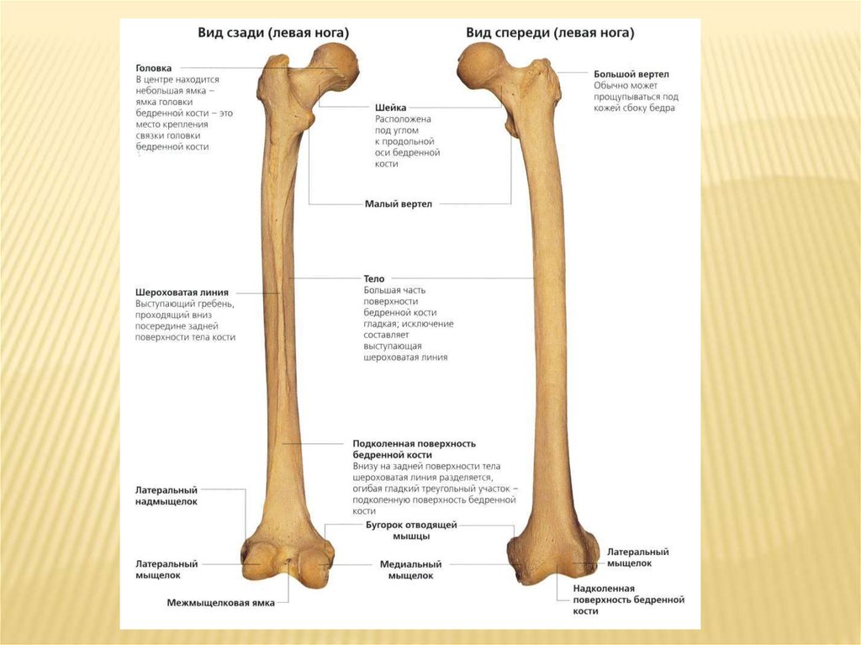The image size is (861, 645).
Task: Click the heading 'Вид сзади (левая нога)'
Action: point(273,33)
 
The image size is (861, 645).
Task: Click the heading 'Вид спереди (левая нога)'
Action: point(550,33)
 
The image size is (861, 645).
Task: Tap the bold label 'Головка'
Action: point(154,67)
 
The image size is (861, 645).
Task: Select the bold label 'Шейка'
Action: point(391,108)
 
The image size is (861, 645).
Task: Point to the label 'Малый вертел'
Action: point(398,204)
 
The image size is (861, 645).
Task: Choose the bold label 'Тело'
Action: point(374,278)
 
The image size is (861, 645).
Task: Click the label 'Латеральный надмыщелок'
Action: point(166,495)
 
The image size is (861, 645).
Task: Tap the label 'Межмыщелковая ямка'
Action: point(220,603)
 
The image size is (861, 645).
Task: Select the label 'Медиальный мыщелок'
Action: point(411,570)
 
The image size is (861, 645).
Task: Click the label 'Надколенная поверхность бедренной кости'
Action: point(628,600)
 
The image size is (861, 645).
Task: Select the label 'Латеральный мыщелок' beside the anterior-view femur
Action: point(637,557)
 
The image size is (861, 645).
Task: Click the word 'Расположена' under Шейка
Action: point(403,119)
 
